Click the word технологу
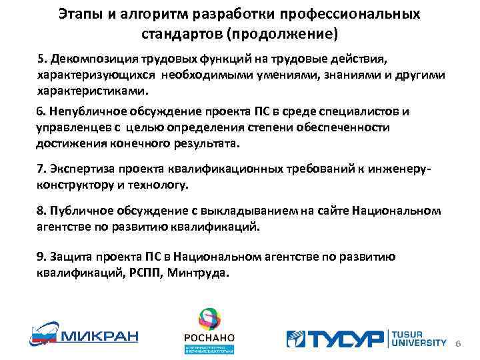coord(163,185)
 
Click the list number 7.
coord(40,170)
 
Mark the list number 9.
coord(40,257)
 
